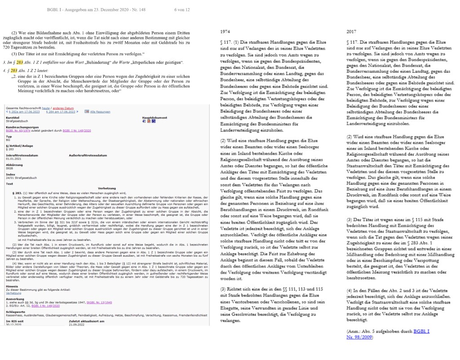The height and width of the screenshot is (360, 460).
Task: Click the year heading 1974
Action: [226, 32]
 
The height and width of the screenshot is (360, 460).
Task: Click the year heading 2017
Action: [352, 32]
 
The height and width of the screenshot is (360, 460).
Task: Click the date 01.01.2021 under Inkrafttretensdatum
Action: [14, 158]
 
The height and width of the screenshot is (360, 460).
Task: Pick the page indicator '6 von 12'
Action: [181, 10]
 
